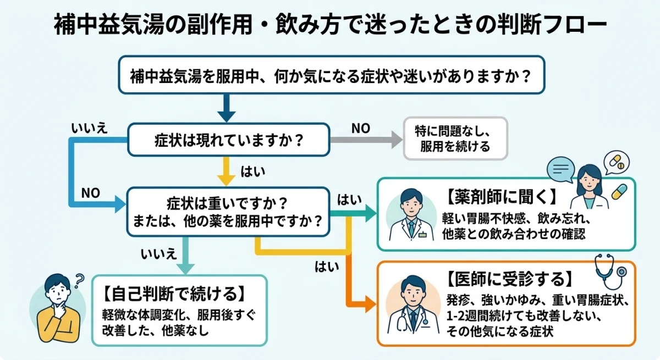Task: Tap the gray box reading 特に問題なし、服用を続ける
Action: pyautogui.click(x=455, y=139)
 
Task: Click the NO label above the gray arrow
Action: pyautogui.click(x=361, y=128)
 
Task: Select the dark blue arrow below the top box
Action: pyautogui.click(x=226, y=108)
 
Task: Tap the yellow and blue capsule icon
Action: pyautogui.click(x=619, y=192)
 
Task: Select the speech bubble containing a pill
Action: pyautogui.click(x=615, y=163)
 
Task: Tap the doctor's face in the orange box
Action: pyautogui.click(x=410, y=290)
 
